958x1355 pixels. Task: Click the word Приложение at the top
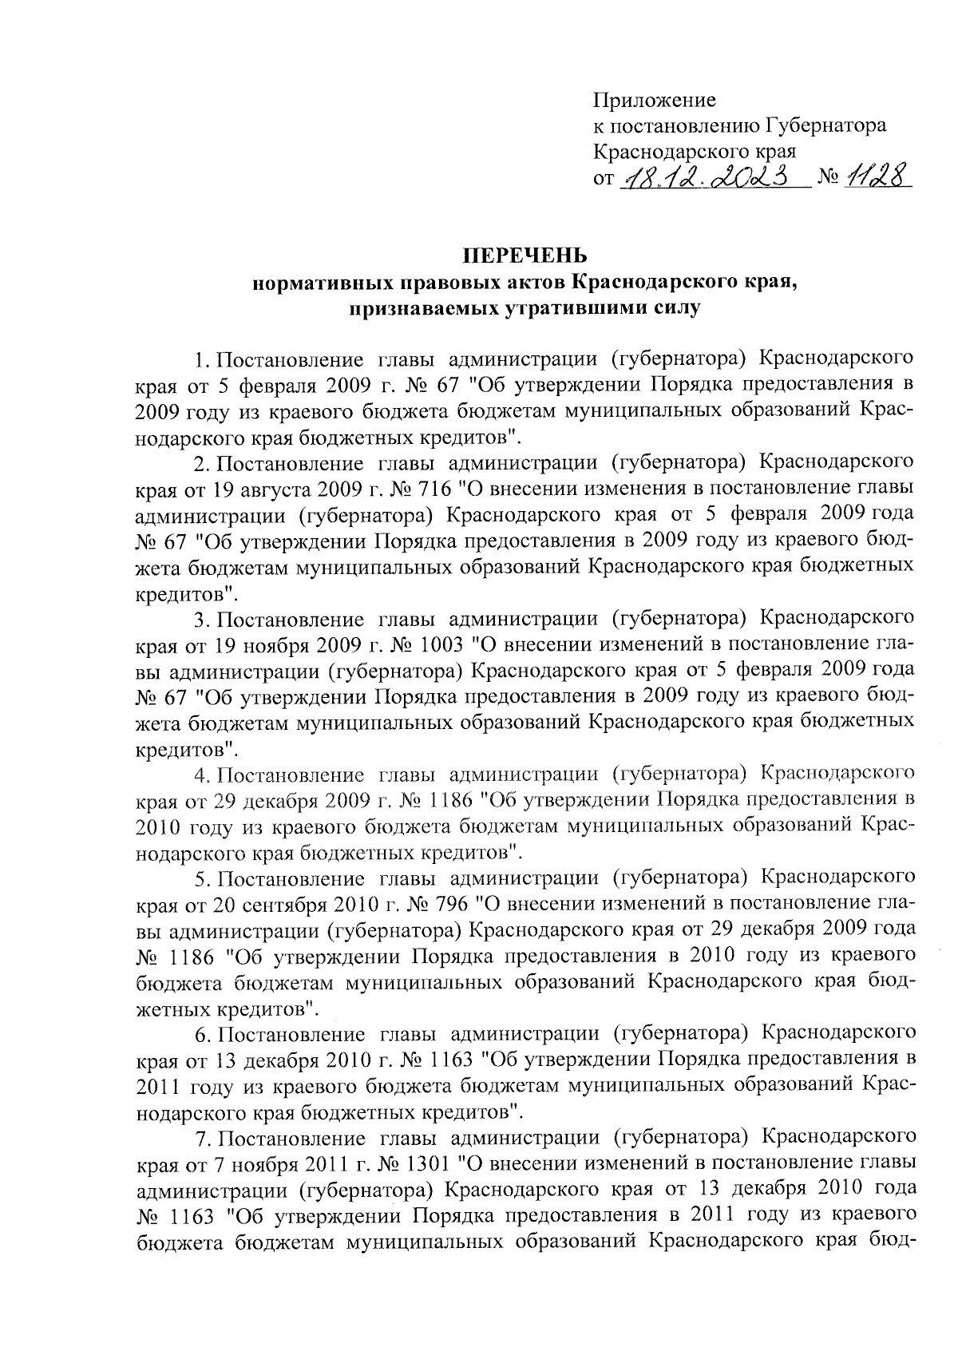pyautogui.click(x=654, y=101)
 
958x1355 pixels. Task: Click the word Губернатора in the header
pyautogui.click(x=825, y=125)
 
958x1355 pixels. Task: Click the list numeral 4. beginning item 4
pyautogui.click(x=202, y=774)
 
